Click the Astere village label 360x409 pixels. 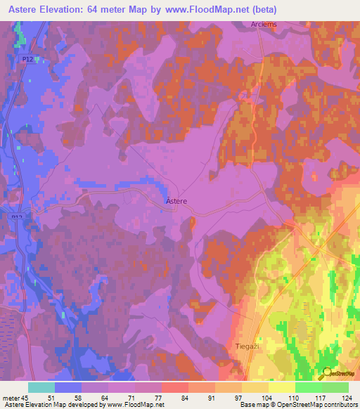click(176, 201)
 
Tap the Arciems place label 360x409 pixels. click(262, 25)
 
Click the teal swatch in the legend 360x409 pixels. click(41, 387)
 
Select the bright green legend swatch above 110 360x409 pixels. click(308, 387)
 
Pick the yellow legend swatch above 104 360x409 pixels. click(255, 387)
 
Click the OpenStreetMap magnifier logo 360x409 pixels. click(326, 372)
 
